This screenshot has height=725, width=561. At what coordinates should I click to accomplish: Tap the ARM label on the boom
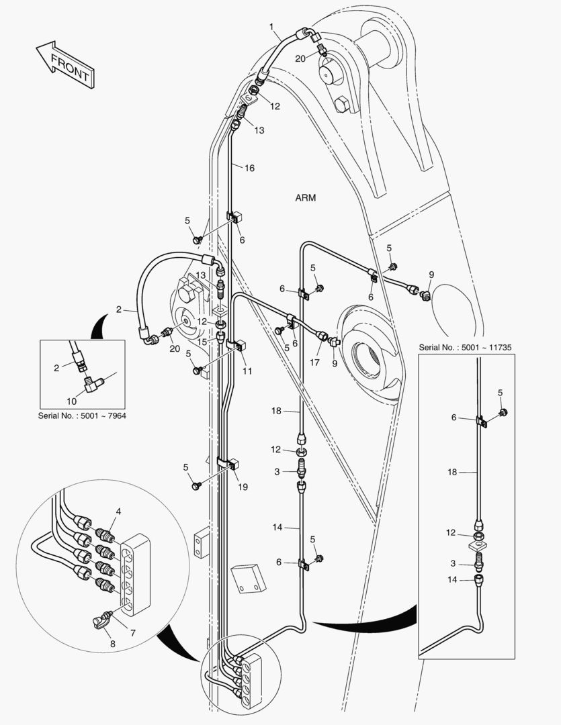305,198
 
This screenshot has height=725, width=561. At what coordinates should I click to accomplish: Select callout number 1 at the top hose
271,28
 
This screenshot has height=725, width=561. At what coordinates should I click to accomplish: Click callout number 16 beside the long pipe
249,168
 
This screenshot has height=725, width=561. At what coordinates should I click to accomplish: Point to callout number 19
243,486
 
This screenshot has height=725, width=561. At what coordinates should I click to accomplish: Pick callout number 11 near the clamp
247,370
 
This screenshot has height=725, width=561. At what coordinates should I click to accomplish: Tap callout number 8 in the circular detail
113,644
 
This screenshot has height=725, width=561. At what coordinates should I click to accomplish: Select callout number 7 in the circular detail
132,633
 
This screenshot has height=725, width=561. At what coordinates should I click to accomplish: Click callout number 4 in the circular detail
118,512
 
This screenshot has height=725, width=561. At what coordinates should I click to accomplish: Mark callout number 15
201,342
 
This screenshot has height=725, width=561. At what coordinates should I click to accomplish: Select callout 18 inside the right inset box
451,473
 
